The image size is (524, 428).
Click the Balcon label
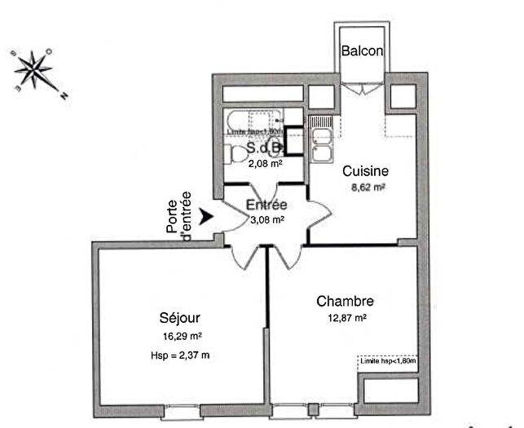point(360,51)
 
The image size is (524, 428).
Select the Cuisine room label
point(364,172)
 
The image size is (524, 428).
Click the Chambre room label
point(346,301)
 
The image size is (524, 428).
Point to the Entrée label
point(266,205)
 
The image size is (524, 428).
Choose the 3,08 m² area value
point(266,219)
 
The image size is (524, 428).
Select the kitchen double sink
point(323,144)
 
